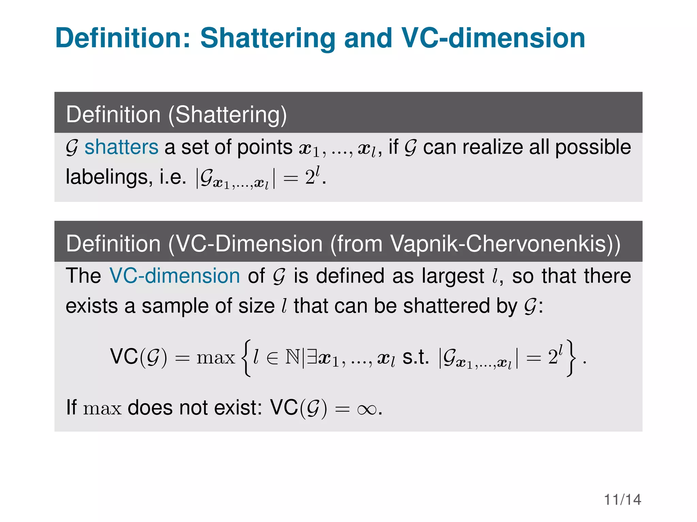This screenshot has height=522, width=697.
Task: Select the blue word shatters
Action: pyautogui.click(x=121, y=147)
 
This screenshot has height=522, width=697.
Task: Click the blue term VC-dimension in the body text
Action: pyautogui.click(x=175, y=276)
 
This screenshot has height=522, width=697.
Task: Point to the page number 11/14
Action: pyautogui.click(x=622, y=500)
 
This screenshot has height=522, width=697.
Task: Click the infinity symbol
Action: pyautogui.click(x=367, y=409)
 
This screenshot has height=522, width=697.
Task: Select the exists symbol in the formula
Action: pyautogui.click(x=312, y=357)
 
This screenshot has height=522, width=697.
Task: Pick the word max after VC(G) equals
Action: pyautogui.click(x=216, y=358)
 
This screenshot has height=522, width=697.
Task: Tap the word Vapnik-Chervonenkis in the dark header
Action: pyautogui.click(x=499, y=244)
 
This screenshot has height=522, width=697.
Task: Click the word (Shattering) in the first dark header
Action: pyautogui.click(x=228, y=115)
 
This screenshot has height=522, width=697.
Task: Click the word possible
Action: pyautogui.click(x=593, y=147)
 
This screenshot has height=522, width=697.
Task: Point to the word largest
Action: pyautogui.click(x=453, y=276)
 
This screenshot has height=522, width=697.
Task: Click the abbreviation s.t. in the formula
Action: pyautogui.click(x=416, y=357)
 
